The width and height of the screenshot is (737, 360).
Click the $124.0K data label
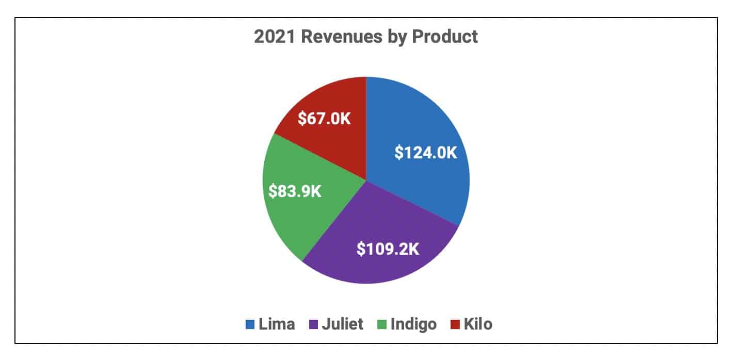[426, 153]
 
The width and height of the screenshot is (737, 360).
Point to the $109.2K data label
[388, 249]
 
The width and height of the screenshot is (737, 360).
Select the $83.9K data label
[295, 191]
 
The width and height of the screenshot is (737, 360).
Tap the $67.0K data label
[325, 119]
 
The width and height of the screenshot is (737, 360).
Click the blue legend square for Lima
[250, 324]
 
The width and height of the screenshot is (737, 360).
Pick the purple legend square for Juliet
[313, 324]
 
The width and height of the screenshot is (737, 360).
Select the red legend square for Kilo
[455, 324]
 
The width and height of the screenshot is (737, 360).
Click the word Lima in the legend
[278, 324]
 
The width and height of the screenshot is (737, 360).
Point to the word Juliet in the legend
[343, 324]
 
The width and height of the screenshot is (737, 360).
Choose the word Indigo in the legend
[414, 324]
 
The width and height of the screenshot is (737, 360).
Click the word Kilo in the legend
[478, 324]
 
